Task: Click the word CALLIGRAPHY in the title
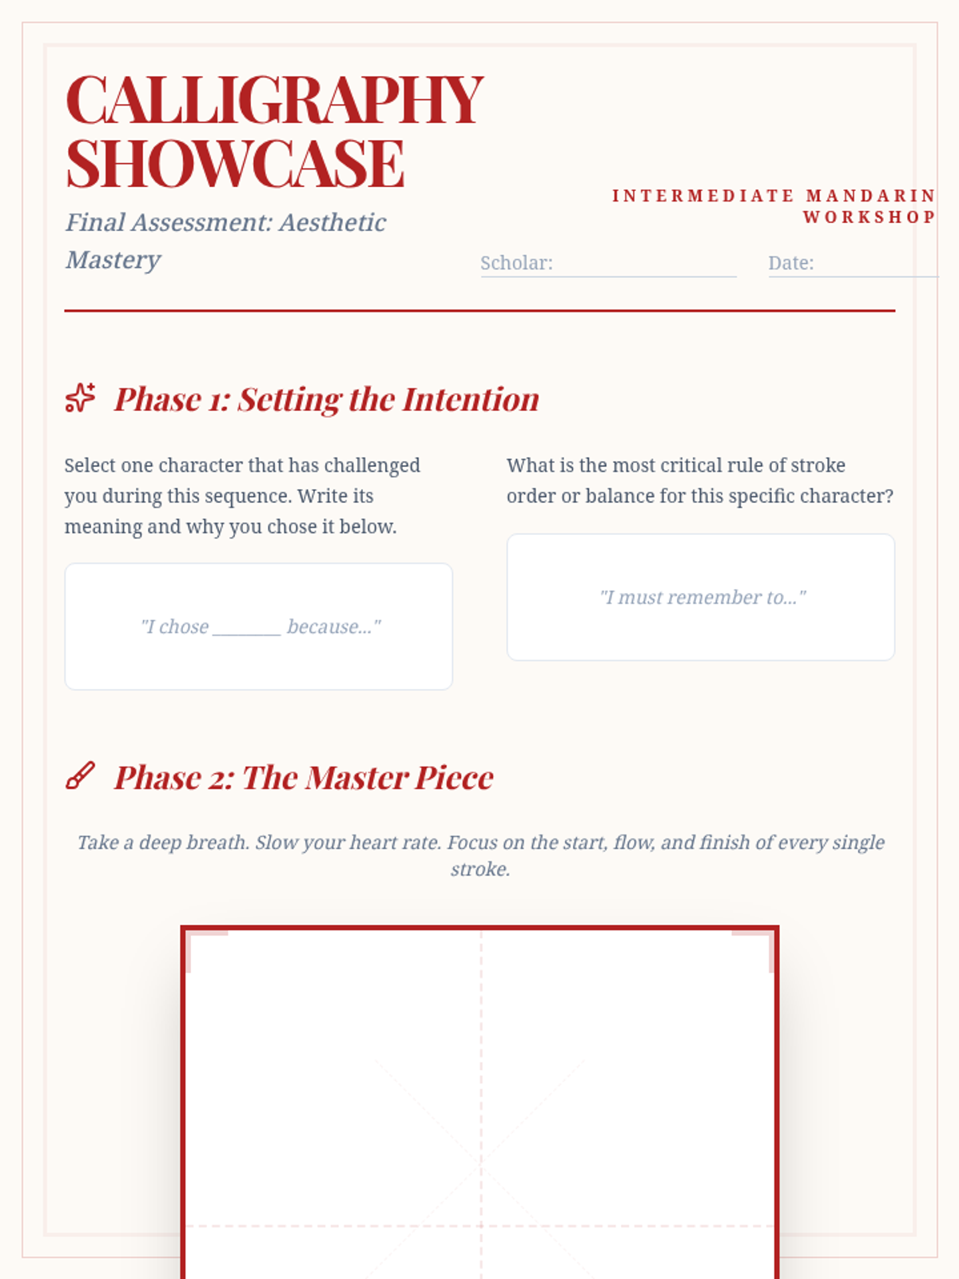[x=274, y=100]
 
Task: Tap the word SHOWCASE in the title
[x=235, y=164]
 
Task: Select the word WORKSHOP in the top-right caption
[x=869, y=217]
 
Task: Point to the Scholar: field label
[x=516, y=263]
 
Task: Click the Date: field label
[x=790, y=263]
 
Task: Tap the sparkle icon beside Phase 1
[x=81, y=397]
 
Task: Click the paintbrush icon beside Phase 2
[x=81, y=775]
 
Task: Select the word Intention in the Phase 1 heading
[x=471, y=400]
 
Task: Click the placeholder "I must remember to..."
[x=702, y=597]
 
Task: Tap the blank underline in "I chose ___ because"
[x=247, y=634]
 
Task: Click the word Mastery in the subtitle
[x=113, y=260]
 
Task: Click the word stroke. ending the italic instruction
[x=480, y=869]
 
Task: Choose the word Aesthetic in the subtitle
[x=332, y=222]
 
